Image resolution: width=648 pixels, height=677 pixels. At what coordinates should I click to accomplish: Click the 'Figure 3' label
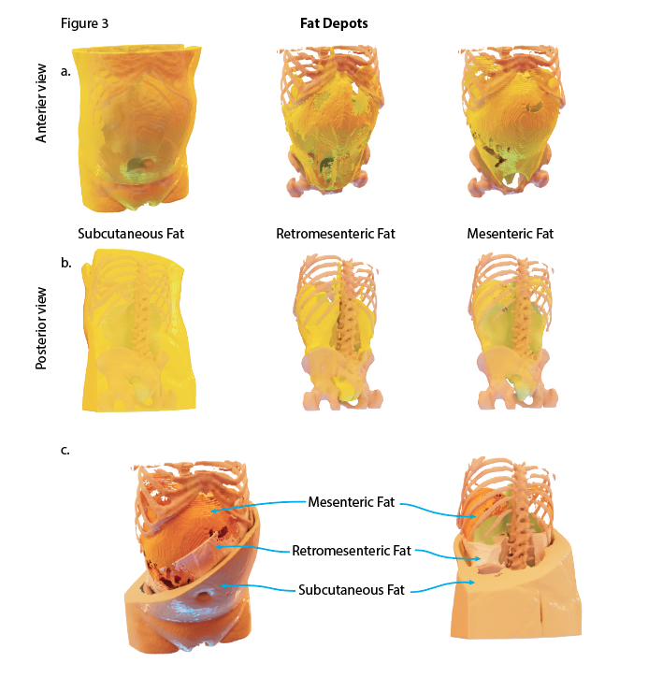pos(84,23)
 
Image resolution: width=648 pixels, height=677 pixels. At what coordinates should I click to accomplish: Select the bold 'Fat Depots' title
pos(334,23)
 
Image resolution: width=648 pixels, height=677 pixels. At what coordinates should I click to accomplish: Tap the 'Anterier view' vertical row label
pos(41,103)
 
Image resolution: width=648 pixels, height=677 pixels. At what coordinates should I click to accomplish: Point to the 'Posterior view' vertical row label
pos(41,328)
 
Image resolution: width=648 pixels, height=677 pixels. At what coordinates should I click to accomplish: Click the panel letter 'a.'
pos(65,72)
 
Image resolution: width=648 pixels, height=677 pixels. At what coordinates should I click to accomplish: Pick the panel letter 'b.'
pos(66,263)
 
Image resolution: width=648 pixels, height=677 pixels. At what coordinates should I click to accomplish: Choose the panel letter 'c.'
pos(65,451)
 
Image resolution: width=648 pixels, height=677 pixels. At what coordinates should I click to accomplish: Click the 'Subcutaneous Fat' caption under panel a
pos(131,234)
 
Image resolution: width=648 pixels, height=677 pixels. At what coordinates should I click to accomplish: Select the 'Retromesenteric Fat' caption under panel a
pos(336,234)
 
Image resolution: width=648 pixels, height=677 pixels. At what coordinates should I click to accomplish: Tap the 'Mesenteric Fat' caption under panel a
pos(510,234)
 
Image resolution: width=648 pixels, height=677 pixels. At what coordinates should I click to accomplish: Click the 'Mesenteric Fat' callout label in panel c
pos(351,502)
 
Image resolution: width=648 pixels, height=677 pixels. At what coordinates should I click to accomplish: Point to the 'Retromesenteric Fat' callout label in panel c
pos(352,551)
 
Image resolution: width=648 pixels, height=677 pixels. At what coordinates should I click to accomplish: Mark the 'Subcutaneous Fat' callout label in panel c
pos(352,590)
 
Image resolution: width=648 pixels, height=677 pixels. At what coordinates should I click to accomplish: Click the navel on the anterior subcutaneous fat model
pos(148,164)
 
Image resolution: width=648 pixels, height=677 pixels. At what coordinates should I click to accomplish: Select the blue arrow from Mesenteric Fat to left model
pos(258,504)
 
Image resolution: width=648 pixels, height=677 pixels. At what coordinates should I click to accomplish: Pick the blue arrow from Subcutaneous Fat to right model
pos(442,586)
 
